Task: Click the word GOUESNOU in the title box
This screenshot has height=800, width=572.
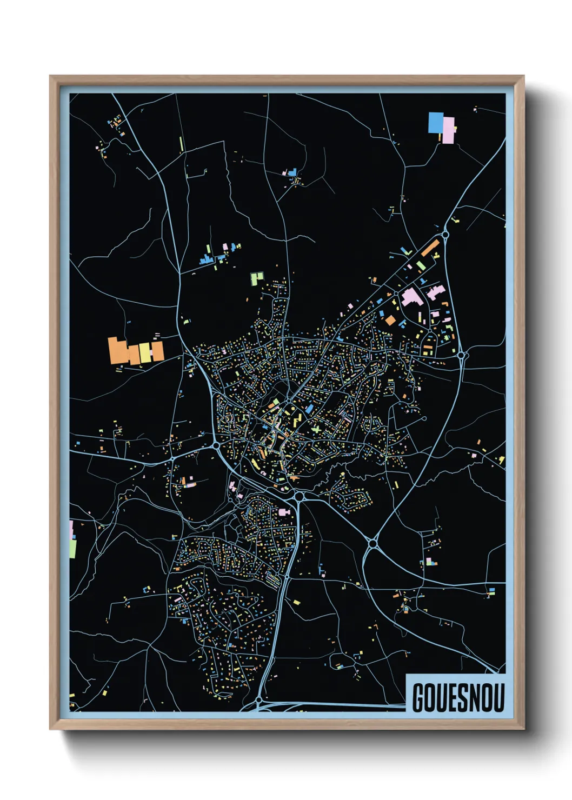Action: (458, 697)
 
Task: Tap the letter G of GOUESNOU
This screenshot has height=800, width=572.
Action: (418, 697)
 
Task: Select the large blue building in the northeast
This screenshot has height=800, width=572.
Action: (435, 123)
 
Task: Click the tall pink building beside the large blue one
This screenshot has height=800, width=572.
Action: (448, 130)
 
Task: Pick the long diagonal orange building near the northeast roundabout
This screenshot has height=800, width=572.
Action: (430, 249)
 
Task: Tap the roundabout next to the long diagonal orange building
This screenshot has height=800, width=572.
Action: (445, 235)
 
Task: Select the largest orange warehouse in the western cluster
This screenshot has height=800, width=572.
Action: (117, 351)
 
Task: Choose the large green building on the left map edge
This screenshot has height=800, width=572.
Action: (72, 549)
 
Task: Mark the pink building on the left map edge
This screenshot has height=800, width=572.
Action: (71, 529)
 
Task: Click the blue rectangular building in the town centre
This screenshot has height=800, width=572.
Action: (309, 409)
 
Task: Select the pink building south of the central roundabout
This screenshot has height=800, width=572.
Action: (284, 512)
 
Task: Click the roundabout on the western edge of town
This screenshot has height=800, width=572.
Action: (216, 445)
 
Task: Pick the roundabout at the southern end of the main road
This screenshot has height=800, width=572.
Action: (259, 700)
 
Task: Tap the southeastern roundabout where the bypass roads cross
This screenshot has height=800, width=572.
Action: (372, 543)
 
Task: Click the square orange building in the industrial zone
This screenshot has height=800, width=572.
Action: (390, 320)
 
